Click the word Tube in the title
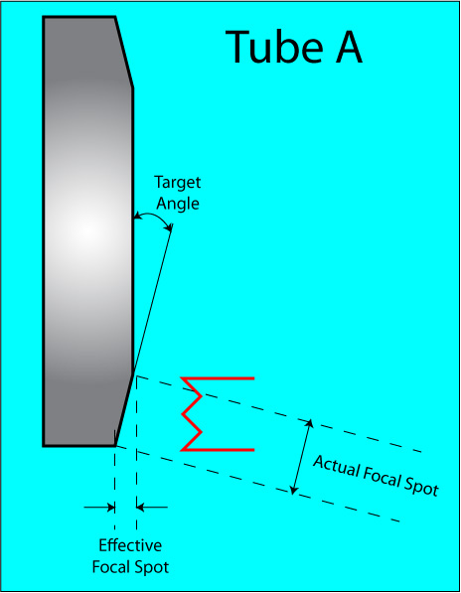coord(274,48)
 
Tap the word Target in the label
coord(178,183)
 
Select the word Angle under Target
coord(178,204)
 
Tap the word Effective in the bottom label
coord(130,545)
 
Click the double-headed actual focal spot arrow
coord(302,457)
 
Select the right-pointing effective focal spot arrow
coord(99,508)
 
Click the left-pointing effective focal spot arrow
coord(152,508)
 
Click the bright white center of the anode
coord(87,229)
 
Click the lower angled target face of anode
coord(124,410)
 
